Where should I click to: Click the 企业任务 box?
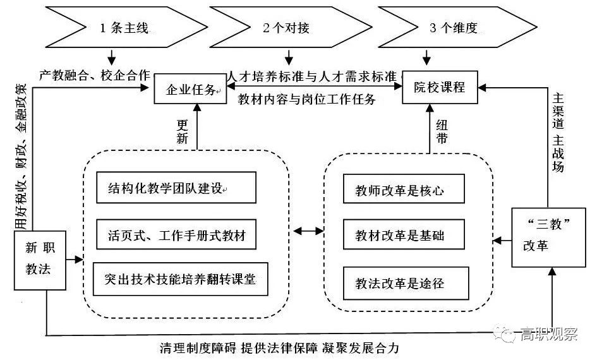click(x=190, y=90)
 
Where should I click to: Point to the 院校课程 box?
click(x=440, y=87)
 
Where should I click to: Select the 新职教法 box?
click(x=39, y=258)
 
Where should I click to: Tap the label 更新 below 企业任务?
click(x=183, y=131)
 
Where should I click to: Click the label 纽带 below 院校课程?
click(x=442, y=131)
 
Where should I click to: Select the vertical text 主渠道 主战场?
click(x=558, y=133)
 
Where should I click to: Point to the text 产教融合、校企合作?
click(x=94, y=75)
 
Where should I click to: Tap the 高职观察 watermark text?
click(x=548, y=334)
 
